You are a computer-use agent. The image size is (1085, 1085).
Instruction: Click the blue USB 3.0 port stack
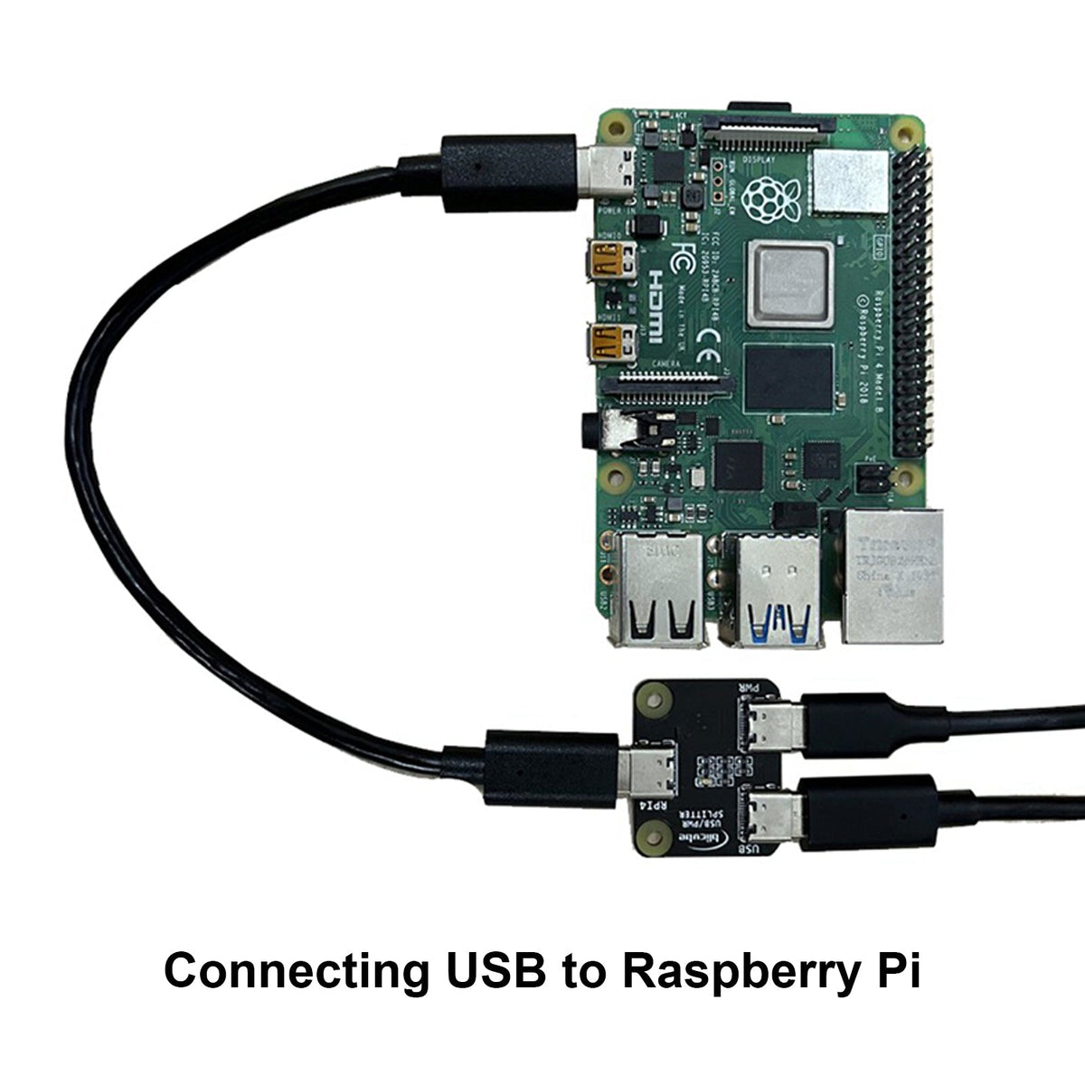click(775, 592)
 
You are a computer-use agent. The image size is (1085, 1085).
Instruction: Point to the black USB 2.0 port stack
click(657, 592)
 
